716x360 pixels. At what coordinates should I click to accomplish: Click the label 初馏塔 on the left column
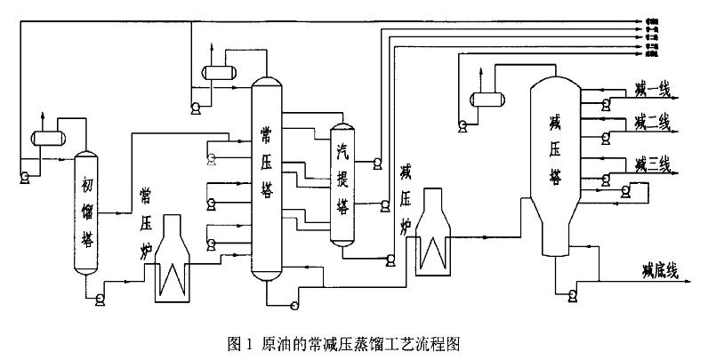click(86, 213)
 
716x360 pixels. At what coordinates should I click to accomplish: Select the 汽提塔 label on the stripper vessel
click(342, 179)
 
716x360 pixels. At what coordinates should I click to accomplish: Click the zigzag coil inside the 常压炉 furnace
click(172, 279)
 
